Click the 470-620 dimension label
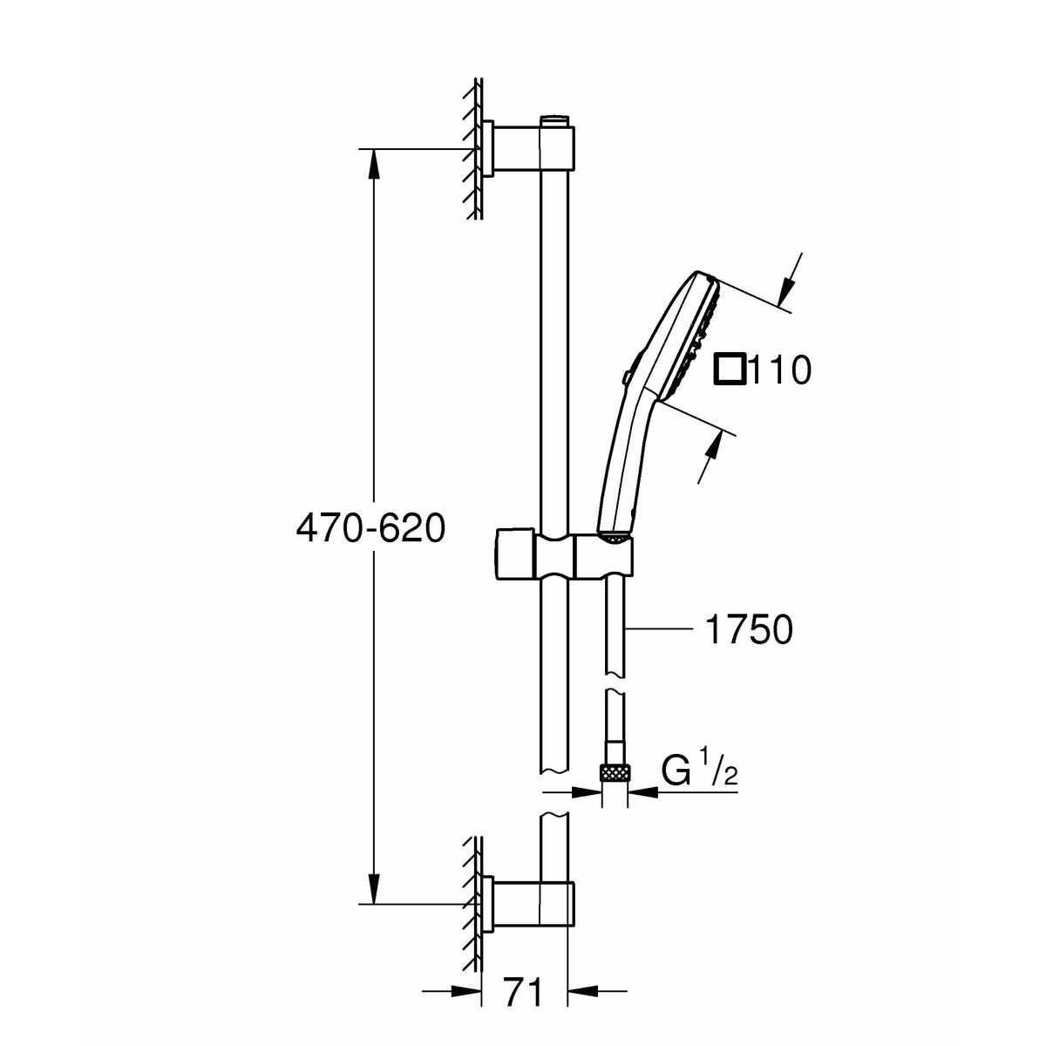(x=371, y=528)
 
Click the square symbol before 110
(x=729, y=370)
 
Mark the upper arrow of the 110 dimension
(x=788, y=284)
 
